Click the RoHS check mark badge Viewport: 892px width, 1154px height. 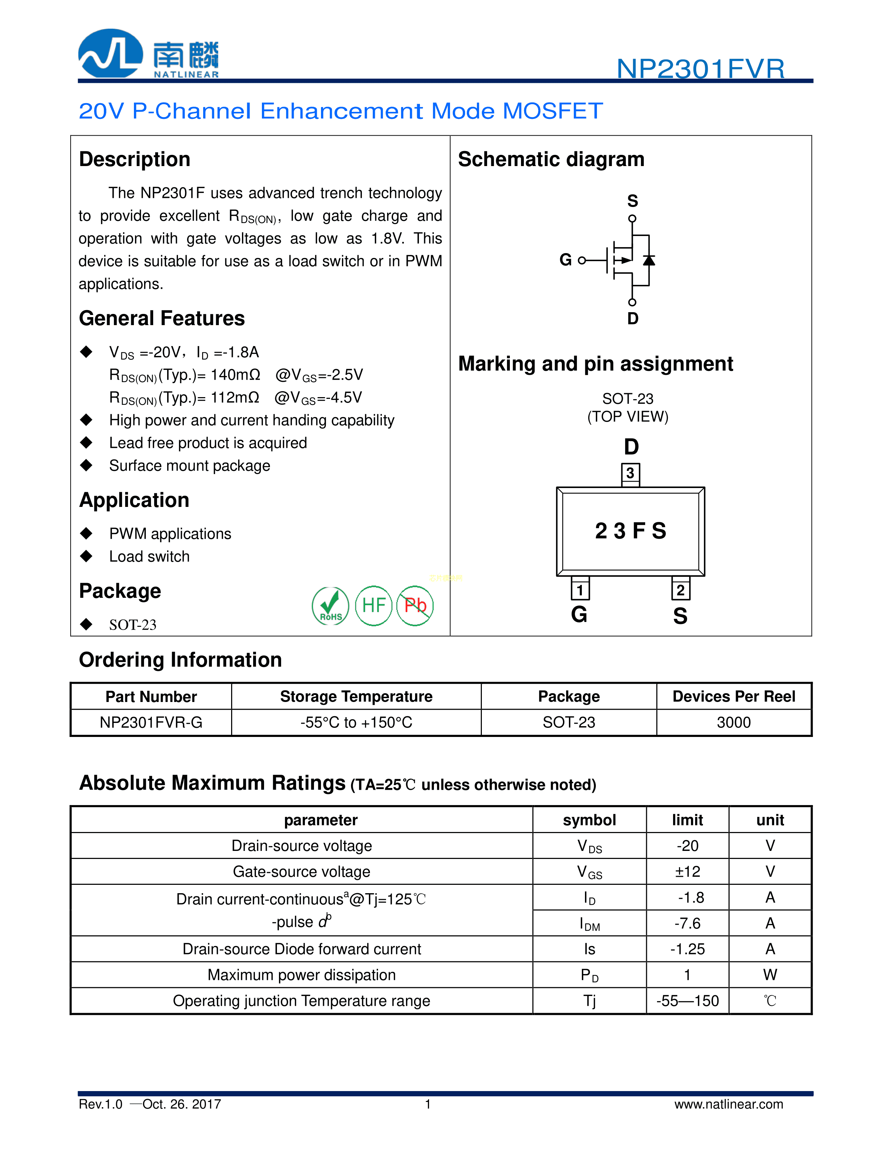pos(330,606)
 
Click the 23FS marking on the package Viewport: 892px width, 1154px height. pos(630,530)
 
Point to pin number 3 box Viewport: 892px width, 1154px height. pos(630,473)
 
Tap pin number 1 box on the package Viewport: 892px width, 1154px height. pos(580,590)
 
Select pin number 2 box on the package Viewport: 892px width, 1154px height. pos(680,590)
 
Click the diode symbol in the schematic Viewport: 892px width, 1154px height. pos(649,260)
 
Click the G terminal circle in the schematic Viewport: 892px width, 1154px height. pos(582,260)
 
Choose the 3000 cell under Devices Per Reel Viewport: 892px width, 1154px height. pos(734,722)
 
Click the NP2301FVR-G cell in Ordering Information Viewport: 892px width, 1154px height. pos(151,722)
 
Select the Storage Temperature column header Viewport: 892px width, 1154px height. pos(356,696)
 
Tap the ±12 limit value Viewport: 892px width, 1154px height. pos(687,871)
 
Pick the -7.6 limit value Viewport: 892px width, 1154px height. pos(687,923)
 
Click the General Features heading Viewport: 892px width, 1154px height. pos(162,318)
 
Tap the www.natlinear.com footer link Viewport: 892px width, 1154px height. pos(729,1104)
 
